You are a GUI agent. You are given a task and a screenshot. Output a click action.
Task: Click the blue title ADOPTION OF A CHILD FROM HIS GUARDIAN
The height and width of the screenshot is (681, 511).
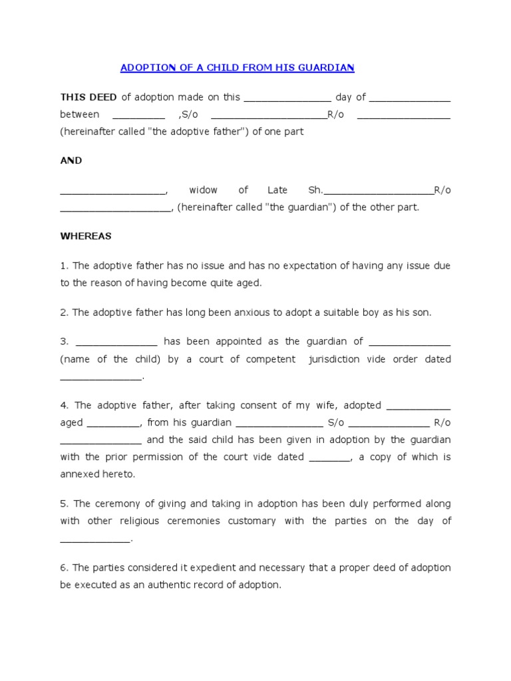pos(237,68)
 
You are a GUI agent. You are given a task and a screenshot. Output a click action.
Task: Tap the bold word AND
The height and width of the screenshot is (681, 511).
pos(71,161)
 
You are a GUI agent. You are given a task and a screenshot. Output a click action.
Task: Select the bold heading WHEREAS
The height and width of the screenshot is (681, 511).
pos(86,236)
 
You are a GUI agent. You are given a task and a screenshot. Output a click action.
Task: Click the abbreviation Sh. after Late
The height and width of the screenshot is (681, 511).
pos(315,190)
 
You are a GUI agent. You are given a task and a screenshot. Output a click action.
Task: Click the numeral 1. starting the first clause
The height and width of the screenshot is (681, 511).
pos(65,266)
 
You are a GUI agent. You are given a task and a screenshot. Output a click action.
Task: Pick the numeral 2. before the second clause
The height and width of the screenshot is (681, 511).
pos(65,313)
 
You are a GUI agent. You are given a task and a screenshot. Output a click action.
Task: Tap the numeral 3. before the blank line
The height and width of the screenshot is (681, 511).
pos(65,342)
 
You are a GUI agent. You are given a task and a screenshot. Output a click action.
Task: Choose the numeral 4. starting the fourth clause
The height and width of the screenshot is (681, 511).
pos(65,406)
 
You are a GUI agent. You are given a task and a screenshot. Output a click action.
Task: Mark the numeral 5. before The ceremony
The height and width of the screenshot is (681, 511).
pos(65,504)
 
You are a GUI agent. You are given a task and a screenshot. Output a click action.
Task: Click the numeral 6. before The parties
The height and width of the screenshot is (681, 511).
pos(65,568)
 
